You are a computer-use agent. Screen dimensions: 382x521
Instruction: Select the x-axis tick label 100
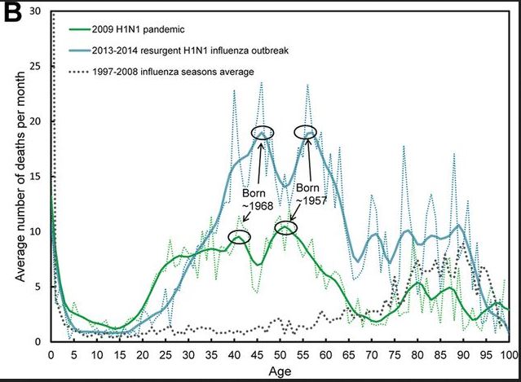(x=509, y=354)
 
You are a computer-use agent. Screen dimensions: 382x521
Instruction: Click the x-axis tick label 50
(x=280, y=354)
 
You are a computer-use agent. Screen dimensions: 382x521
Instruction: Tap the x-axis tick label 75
(x=394, y=354)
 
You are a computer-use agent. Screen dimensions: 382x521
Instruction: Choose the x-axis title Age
(x=280, y=371)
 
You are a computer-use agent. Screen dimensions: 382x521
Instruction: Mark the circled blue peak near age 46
(x=263, y=133)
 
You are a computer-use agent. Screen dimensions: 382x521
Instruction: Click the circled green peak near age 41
(x=240, y=237)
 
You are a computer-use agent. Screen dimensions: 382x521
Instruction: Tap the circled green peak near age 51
(x=285, y=228)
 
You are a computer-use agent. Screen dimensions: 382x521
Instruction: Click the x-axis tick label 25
(x=166, y=354)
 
